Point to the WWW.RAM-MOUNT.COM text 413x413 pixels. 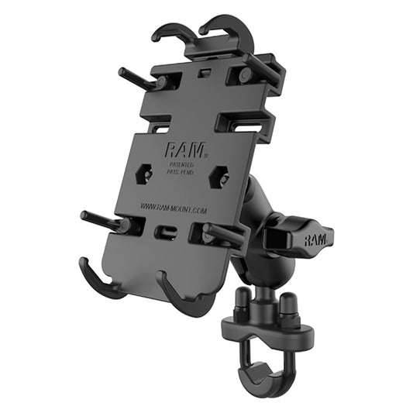click(x=173, y=207)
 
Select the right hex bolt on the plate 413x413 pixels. click(x=220, y=177)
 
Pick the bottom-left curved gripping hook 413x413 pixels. click(x=99, y=280)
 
